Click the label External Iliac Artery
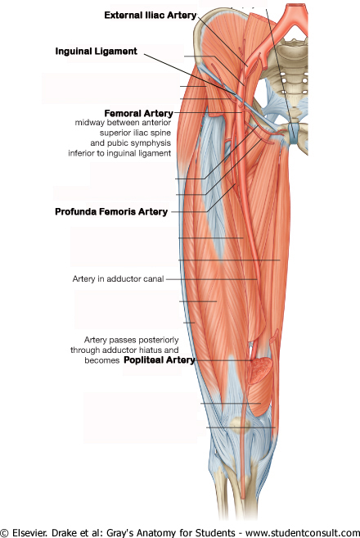(x=151, y=15)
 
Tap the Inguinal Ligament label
(x=96, y=52)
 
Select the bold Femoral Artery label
(x=138, y=113)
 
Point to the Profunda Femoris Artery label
(x=111, y=211)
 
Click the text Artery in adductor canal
(x=118, y=278)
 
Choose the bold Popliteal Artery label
(x=159, y=360)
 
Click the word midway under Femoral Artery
(x=89, y=123)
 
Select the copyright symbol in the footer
(x=5, y=533)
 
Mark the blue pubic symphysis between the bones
(x=293, y=133)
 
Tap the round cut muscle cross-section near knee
(x=259, y=371)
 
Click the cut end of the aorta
(x=295, y=6)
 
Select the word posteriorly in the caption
(x=161, y=340)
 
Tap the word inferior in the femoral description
(x=81, y=153)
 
